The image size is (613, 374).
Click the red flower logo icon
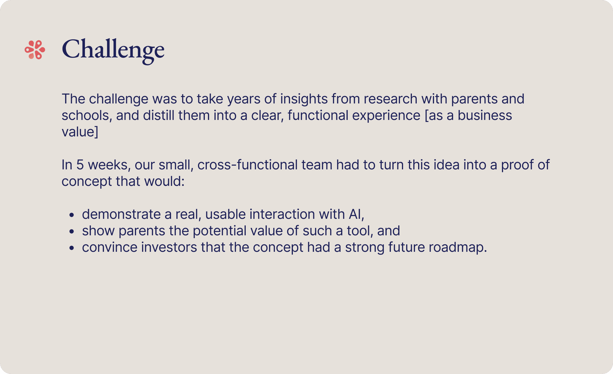click(35, 50)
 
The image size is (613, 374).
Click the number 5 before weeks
click(80, 165)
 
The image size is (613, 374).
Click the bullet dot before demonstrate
click(72, 215)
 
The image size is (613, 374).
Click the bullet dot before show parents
click(72, 231)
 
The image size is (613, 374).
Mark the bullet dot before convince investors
click(72, 248)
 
